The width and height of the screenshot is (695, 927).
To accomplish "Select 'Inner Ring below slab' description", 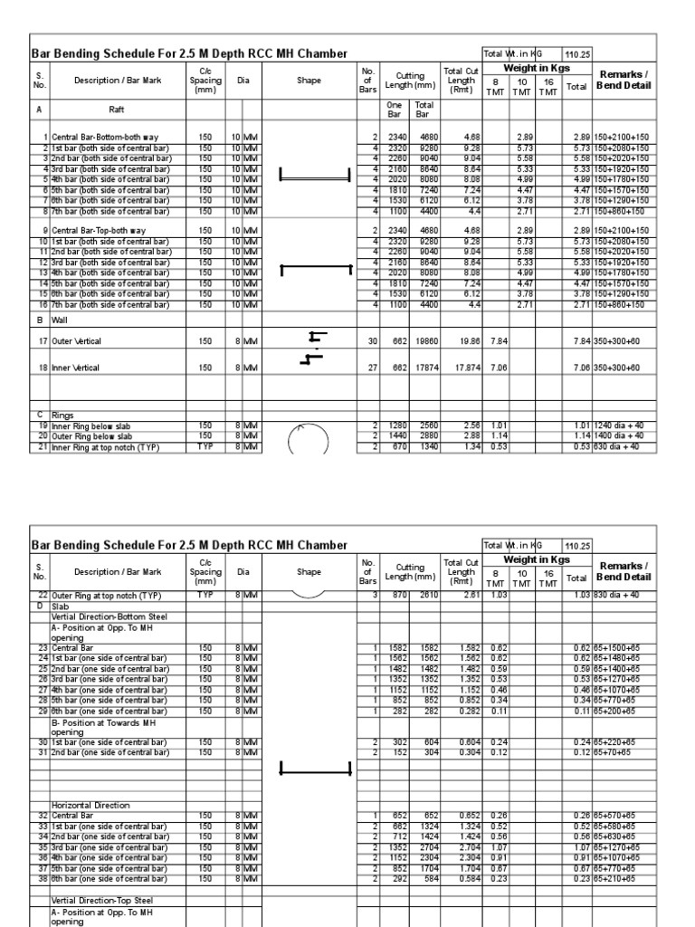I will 90,425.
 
